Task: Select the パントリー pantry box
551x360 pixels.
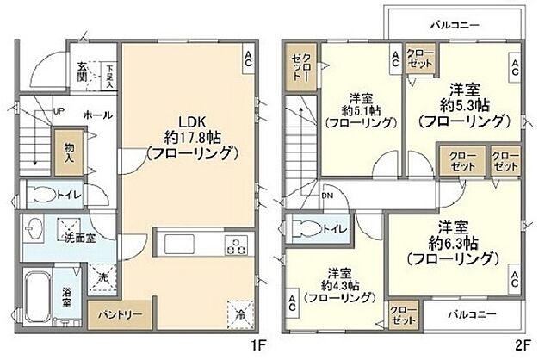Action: point(114,315)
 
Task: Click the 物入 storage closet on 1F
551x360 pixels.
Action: point(69,153)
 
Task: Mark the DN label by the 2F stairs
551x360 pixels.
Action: point(327,196)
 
